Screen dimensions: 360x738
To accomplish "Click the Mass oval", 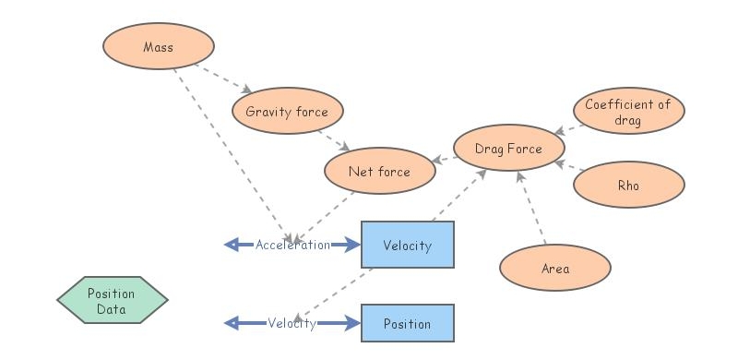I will tap(159, 46).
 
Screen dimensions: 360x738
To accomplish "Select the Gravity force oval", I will tap(287, 113).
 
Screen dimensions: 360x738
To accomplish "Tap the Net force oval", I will tap(379, 172).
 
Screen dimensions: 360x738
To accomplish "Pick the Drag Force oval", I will tap(508, 148).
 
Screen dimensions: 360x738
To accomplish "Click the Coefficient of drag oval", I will tap(628, 113).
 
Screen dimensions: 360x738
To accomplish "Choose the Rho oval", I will tap(628, 185).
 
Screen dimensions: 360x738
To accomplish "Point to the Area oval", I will tap(555, 269).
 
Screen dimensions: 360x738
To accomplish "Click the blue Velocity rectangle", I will tap(407, 245).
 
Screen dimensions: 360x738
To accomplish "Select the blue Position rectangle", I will tap(407, 324).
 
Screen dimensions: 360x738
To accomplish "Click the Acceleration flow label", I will tap(292, 245).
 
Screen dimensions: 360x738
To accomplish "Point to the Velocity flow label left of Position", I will tap(292, 324).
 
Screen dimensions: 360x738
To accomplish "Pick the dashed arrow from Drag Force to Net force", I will tap(444, 159).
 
